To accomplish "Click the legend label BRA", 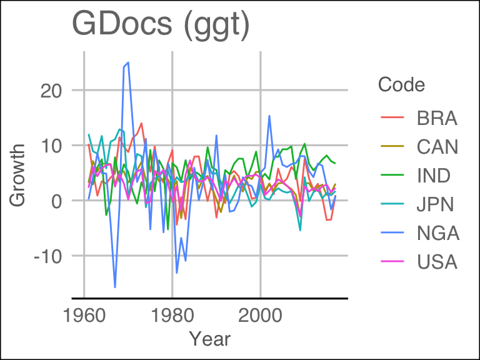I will pyautogui.click(x=437, y=118).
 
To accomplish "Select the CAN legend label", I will pyautogui.click(x=437, y=147).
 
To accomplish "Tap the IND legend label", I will pyautogui.click(x=434, y=176).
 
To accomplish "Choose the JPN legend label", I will pyautogui.click(x=436, y=204).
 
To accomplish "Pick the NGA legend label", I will pyautogui.click(x=438, y=233).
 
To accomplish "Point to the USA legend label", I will pyautogui.click(x=437, y=262).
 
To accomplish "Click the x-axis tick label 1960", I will pyautogui.click(x=84, y=314).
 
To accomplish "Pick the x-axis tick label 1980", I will pyautogui.click(x=172, y=314).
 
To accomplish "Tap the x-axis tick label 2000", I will pyautogui.click(x=261, y=314).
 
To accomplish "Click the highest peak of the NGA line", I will pyautogui.click(x=128, y=62).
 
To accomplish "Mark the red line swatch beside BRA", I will pyautogui.click(x=391, y=118).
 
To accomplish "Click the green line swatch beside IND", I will pyautogui.click(x=391, y=176).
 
